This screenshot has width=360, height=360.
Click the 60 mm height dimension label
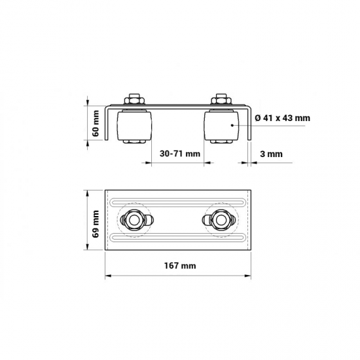coord(96,123)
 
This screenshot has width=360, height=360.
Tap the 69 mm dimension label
coord(96,224)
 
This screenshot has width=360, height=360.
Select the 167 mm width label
coord(180,266)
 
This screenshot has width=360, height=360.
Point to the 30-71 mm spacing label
coord(180,154)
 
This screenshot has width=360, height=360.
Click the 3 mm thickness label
coord(271,154)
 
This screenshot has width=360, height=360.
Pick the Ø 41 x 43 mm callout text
coord(282,118)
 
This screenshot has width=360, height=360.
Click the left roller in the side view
coord(134,126)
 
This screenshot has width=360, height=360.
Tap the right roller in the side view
coord(221,126)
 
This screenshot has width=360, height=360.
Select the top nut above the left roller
coord(134,99)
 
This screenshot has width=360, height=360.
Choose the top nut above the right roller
coord(221,99)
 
